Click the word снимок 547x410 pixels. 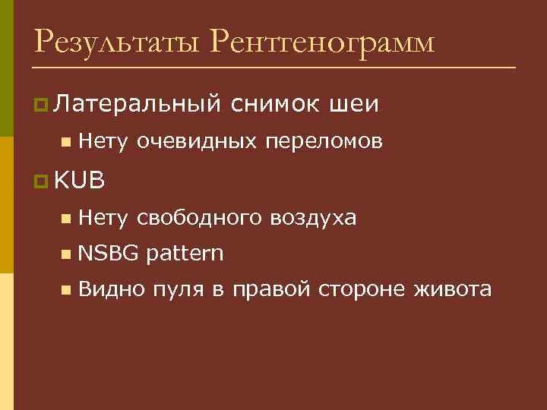point(277,102)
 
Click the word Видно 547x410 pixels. point(106,289)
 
